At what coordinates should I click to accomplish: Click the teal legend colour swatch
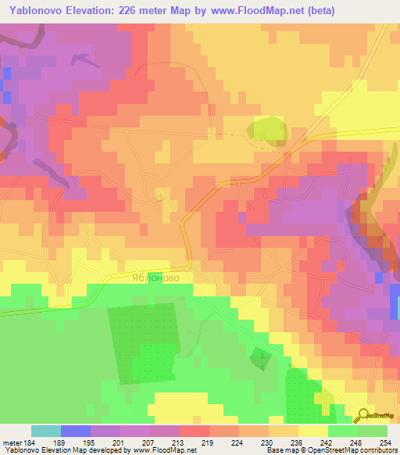pos(46,431)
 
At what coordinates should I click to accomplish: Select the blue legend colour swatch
pos(76,431)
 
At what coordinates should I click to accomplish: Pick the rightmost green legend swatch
pos(373,431)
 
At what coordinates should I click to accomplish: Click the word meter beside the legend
pos(11,442)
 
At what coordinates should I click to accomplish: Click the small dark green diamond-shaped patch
pos(260,359)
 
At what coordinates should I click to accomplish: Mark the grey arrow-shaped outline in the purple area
pos(81,59)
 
